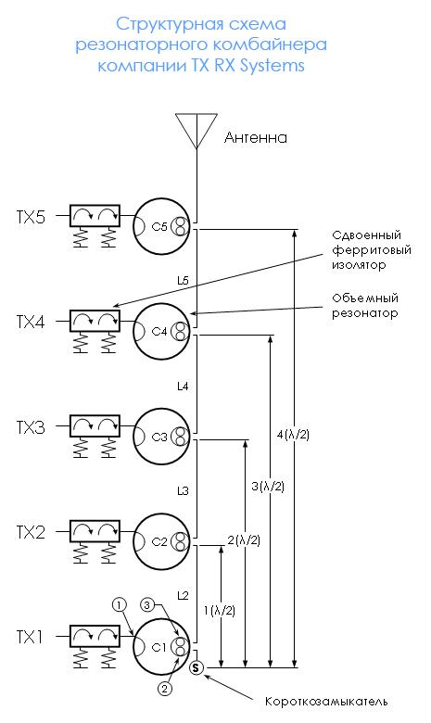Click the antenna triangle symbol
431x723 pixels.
[x=196, y=131]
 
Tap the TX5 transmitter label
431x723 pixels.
[x=32, y=217]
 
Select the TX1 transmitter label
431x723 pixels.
[x=30, y=637]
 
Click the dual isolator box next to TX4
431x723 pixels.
[x=95, y=321]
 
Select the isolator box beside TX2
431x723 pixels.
[x=95, y=531]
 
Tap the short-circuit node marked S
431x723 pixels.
[x=196, y=667]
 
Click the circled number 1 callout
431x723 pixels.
[x=119, y=604]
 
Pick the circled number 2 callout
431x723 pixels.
[x=165, y=689]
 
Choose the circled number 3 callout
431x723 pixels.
[x=147, y=604]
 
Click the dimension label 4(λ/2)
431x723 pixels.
[x=293, y=435]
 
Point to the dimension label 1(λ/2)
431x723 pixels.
[x=220, y=611]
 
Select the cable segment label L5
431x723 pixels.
[x=183, y=280]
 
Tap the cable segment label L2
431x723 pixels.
[x=183, y=596]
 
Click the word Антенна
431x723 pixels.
[x=256, y=137]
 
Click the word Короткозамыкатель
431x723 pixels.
[x=326, y=702]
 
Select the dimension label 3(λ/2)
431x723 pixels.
[x=268, y=486]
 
